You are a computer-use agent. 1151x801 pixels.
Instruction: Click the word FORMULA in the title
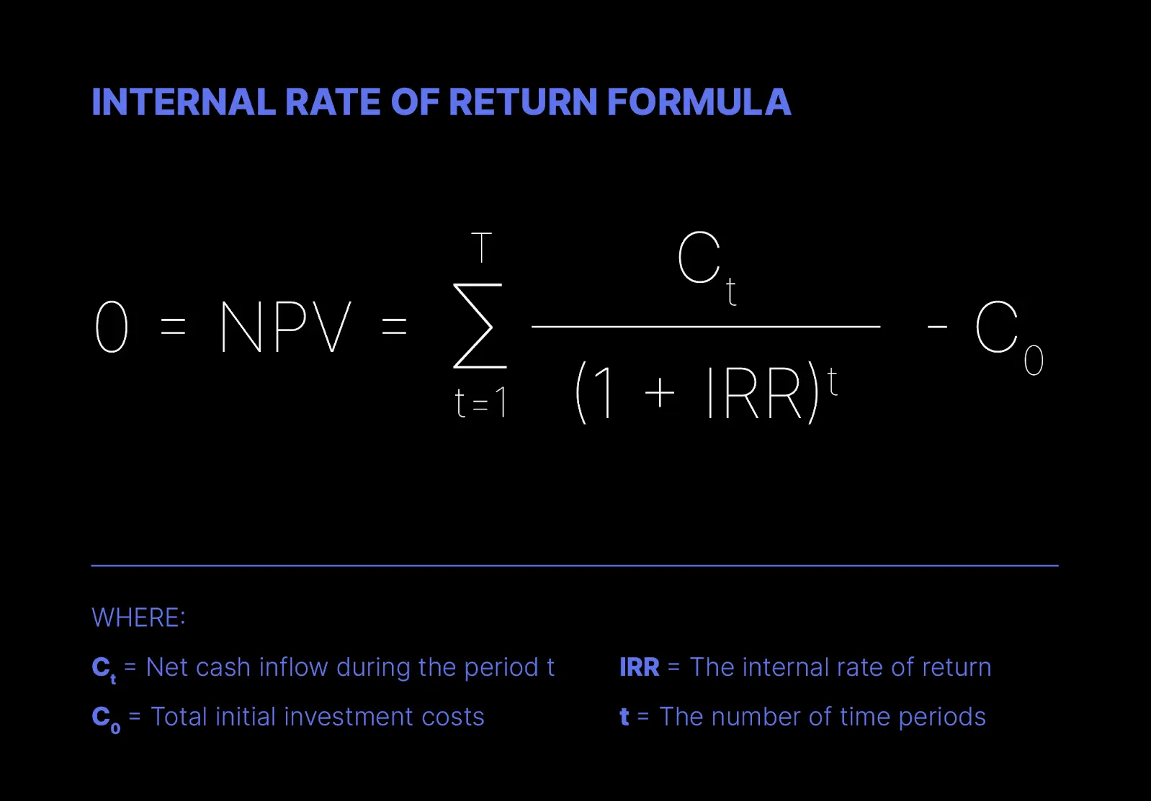pos(699,101)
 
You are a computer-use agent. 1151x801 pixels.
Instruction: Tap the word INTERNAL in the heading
pos(184,101)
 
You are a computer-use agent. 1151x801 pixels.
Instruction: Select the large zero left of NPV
pos(112,327)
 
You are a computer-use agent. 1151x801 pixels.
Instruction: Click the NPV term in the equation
pos(286,327)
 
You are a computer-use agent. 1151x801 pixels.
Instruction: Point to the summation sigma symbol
pos(479,326)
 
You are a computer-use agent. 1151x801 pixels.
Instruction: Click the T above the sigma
pos(481,248)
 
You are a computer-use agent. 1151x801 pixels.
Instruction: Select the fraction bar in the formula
pos(706,326)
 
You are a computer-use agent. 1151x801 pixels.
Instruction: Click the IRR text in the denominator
pos(755,393)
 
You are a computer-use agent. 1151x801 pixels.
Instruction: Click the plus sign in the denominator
pos(660,394)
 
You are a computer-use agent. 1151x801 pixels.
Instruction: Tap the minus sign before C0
pos(937,326)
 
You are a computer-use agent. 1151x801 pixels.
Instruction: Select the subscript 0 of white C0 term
pos(1034,361)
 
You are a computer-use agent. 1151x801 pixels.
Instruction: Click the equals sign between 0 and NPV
pos(173,326)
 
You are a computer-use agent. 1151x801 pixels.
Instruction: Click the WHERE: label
pos(138,617)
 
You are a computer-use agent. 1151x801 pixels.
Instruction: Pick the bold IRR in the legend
pos(639,667)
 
